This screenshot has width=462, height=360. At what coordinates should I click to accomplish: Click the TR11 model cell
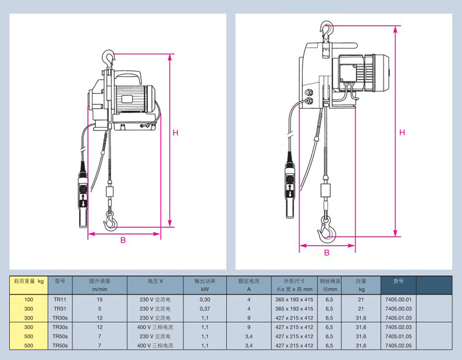pos(59,300)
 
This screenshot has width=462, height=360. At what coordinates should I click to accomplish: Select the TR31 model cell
pos(59,309)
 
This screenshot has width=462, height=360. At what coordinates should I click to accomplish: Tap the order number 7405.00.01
pos(398,300)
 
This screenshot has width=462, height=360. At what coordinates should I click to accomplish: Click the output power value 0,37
pos(204,309)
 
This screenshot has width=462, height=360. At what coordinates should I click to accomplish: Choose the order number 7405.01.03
pos(398,317)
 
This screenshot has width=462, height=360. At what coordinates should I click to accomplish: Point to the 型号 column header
pos(59,281)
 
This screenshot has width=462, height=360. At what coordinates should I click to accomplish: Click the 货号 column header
pos(398,281)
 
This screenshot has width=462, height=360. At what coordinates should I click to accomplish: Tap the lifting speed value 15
pos(99,300)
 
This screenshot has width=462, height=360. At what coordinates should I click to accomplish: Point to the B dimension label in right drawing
pos(327,253)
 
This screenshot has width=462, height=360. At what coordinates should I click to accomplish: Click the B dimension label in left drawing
pos(123,241)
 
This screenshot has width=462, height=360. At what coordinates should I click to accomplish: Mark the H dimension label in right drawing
pos(402,133)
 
